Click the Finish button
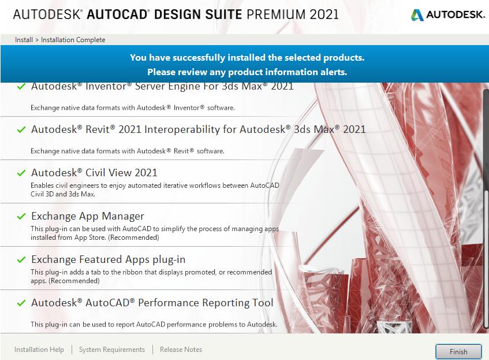point(458,352)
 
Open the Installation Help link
point(39,350)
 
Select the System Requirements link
point(112,350)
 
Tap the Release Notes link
point(181,350)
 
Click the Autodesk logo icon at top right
point(417,14)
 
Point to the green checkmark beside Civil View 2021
point(21,173)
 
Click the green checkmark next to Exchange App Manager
point(21,216)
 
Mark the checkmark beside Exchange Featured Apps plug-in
point(21,260)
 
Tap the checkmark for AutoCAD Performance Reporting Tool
point(21,303)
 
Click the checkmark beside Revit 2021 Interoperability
point(21,129)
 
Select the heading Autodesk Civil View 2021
point(94,173)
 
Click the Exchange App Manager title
point(88,216)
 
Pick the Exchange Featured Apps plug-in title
point(108,259)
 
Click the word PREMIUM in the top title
point(276,14)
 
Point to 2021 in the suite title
point(324,14)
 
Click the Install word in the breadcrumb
point(24,40)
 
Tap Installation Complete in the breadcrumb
point(73,40)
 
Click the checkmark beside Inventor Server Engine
point(21,87)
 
